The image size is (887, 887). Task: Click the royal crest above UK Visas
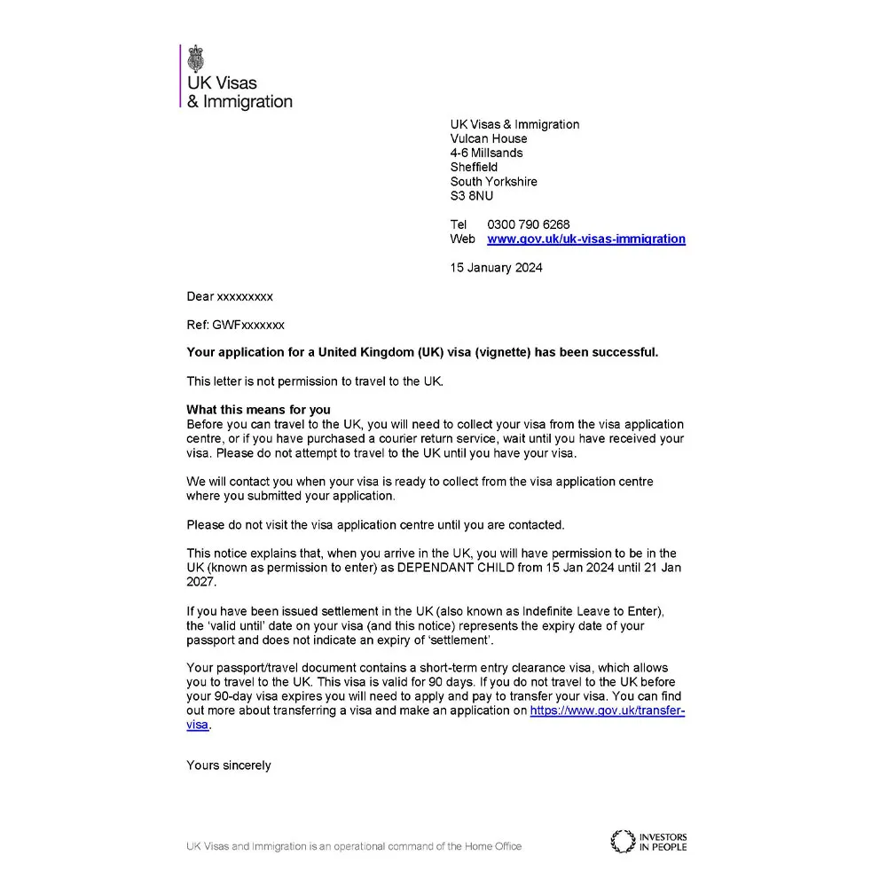[x=195, y=59]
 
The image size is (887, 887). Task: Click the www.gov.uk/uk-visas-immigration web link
[x=586, y=239]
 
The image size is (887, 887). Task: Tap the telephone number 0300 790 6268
[x=529, y=224]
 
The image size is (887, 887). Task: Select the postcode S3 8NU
[x=472, y=196]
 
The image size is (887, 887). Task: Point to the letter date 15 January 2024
[x=496, y=268]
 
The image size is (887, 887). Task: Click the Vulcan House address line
[x=489, y=138]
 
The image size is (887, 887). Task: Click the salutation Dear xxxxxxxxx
[x=230, y=296]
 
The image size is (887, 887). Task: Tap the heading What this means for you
[x=258, y=410]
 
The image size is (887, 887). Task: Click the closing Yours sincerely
[x=229, y=765]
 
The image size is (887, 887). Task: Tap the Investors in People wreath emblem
[x=623, y=841]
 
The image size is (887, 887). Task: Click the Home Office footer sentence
[x=354, y=846]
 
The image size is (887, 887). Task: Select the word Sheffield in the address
[x=474, y=167]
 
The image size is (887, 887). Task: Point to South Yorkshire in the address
[x=493, y=182]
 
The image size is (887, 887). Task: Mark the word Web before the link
[x=462, y=239]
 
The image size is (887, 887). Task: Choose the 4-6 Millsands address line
[x=486, y=153]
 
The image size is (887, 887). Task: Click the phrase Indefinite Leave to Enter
[x=579, y=611]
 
